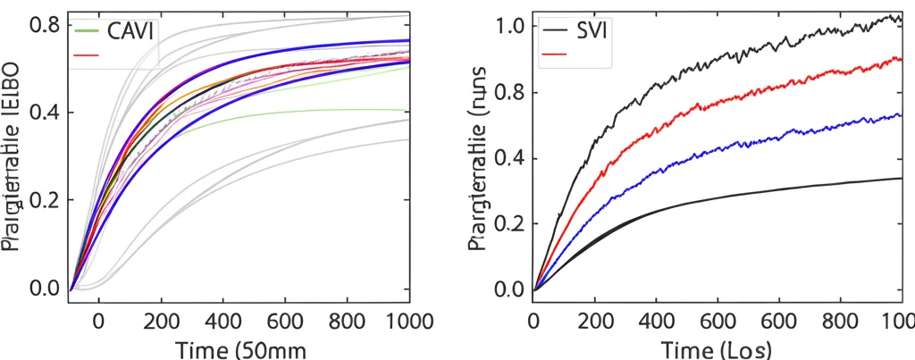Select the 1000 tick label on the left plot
point(388,321)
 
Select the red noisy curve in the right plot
point(715,96)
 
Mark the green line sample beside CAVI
point(86,30)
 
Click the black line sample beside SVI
point(555,30)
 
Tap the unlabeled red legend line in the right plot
point(555,54)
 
